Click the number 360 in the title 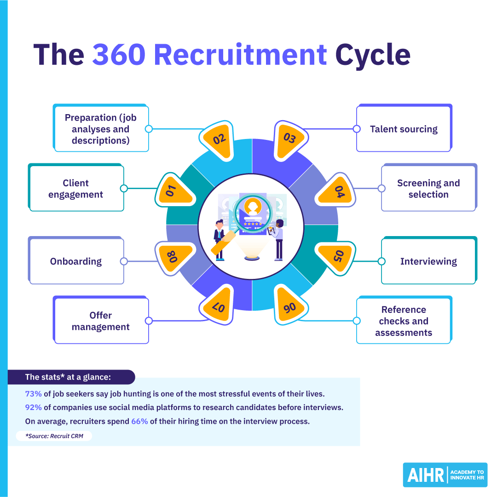point(118,55)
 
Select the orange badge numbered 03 point(289,139)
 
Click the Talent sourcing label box point(404,129)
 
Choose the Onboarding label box point(76,261)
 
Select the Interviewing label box point(428,261)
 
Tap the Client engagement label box point(76,189)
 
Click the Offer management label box point(101,321)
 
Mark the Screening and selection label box point(428,189)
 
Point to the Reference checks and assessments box point(404,321)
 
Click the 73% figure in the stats point(33,394)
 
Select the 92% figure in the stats point(33,408)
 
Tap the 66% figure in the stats point(139,421)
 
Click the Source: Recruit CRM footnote point(54,436)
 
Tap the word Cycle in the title point(373,55)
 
